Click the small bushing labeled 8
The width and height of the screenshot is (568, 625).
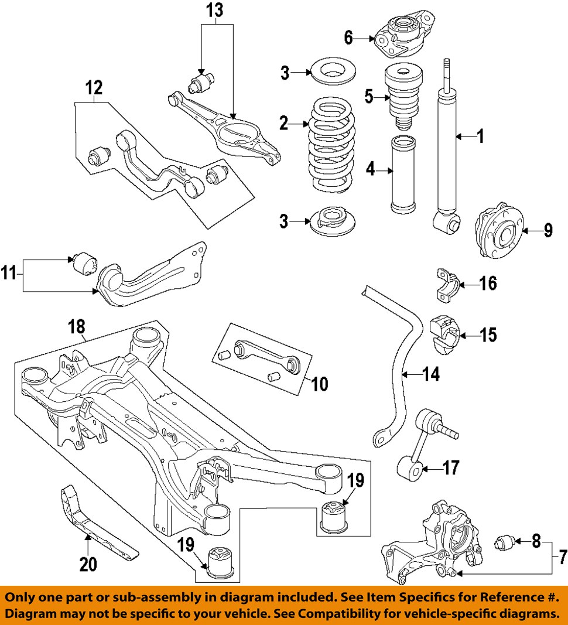505,542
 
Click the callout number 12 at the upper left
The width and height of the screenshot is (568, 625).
94,88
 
